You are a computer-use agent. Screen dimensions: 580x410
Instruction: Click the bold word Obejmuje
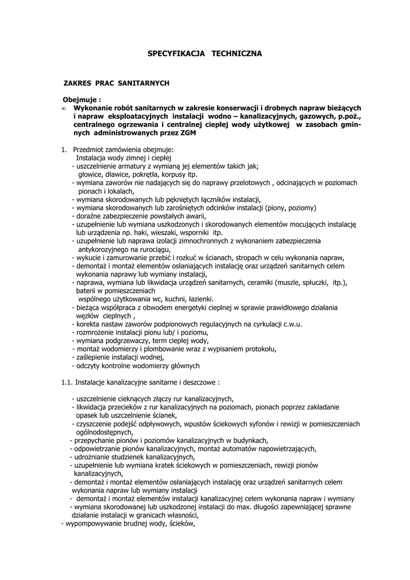(x=80, y=100)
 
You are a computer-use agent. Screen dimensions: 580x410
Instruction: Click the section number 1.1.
(x=67, y=382)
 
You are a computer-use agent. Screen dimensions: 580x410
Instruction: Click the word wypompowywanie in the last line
(x=93, y=523)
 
